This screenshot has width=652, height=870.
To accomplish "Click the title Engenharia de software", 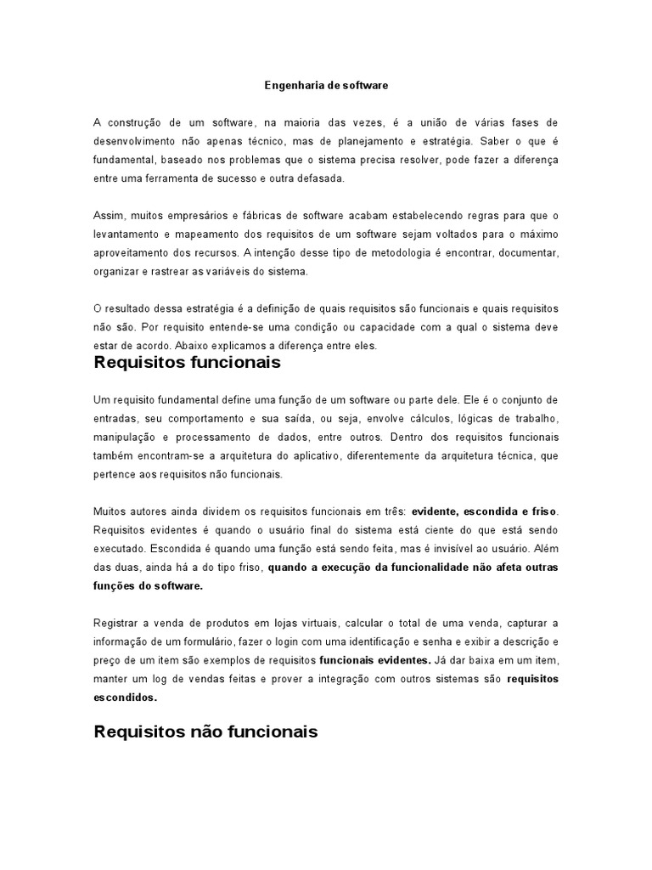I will click(325, 85).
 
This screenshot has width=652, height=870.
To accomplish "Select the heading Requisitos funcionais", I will click(187, 364).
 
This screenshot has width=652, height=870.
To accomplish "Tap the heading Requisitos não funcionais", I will click(205, 731).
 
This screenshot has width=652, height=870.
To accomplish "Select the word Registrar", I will click(114, 622).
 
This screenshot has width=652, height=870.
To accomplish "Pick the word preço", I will click(107, 659).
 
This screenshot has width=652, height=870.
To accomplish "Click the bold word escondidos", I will click(126, 697).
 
